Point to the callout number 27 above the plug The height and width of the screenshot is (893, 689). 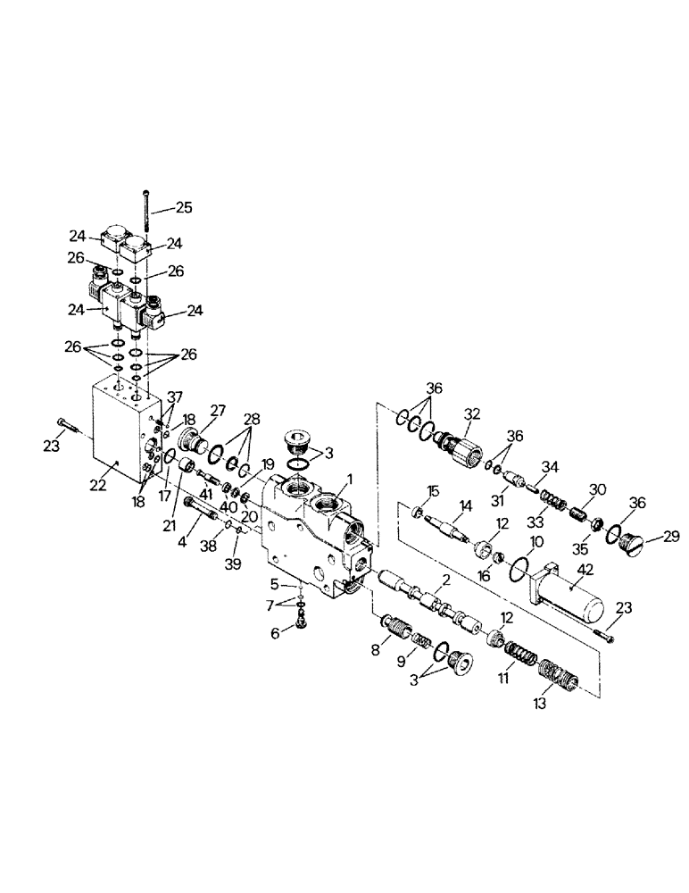218,410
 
